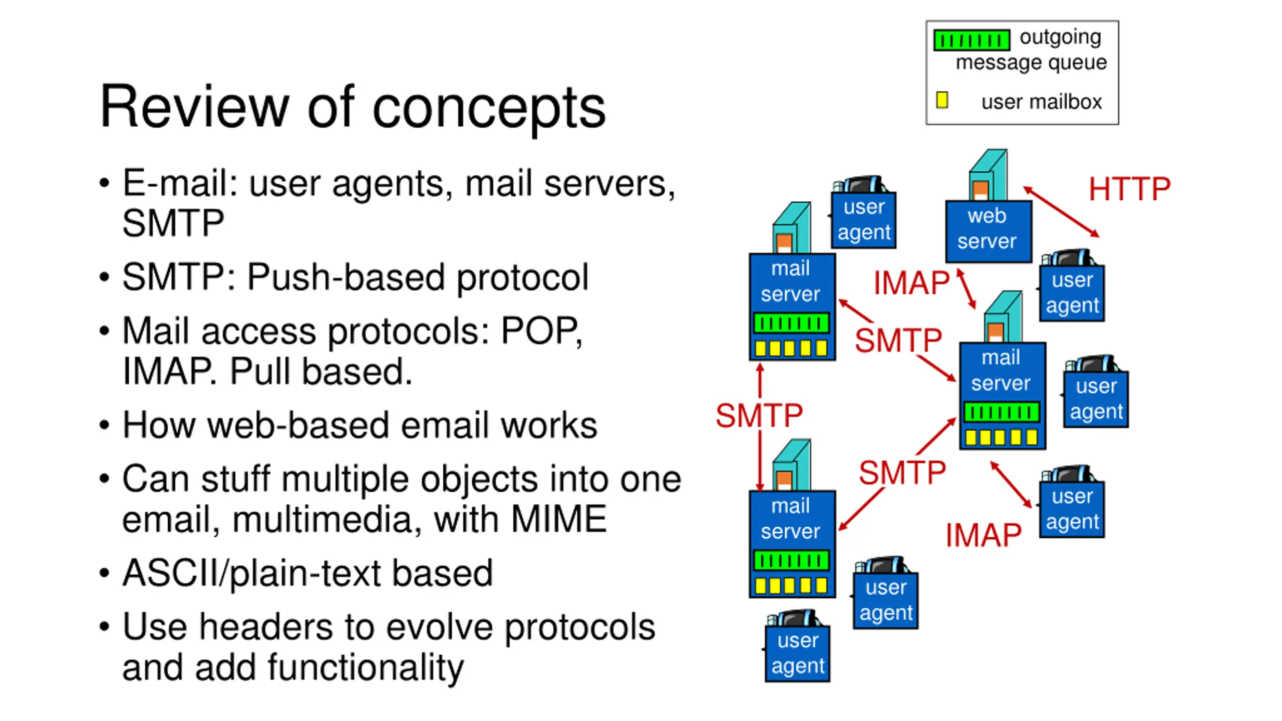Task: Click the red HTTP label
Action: click(1129, 189)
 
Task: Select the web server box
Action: click(988, 230)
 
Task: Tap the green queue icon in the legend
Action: click(971, 40)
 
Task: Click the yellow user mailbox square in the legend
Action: click(941, 100)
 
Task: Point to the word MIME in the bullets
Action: click(559, 519)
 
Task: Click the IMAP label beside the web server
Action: click(910, 283)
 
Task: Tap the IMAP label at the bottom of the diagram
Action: click(983, 535)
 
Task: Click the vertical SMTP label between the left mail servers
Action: click(759, 416)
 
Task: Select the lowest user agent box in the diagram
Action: click(797, 652)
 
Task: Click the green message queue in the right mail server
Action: click(1002, 413)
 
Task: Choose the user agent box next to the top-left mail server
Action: click(864, 219)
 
